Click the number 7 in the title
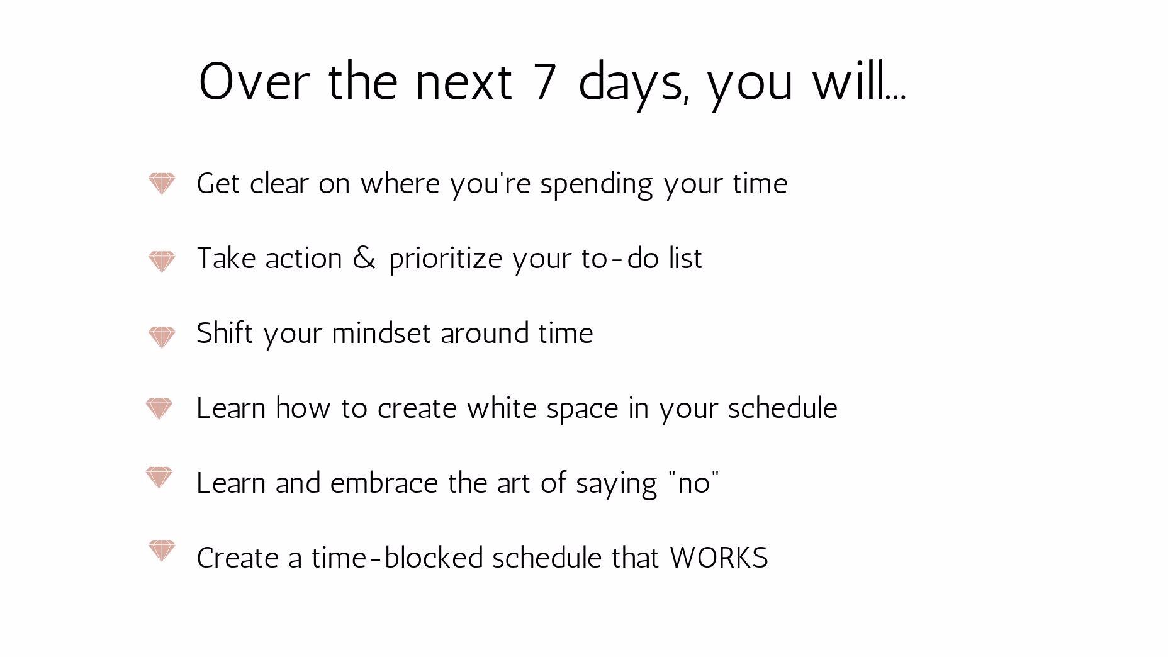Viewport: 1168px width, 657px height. point(545,81)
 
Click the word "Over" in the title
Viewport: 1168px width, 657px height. point(254,81)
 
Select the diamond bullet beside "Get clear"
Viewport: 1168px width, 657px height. point(162,183)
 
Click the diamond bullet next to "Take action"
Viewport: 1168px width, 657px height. point(162,261)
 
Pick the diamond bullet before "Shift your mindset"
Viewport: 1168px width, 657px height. point(162,337)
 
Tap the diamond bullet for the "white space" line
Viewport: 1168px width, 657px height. point(159,408)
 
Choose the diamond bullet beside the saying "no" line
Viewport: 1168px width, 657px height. point(159,477)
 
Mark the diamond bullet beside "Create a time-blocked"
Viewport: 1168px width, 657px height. point(161,551)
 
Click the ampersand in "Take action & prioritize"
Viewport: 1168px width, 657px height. point(364,258)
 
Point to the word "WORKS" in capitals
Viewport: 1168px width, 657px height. point(719,558)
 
